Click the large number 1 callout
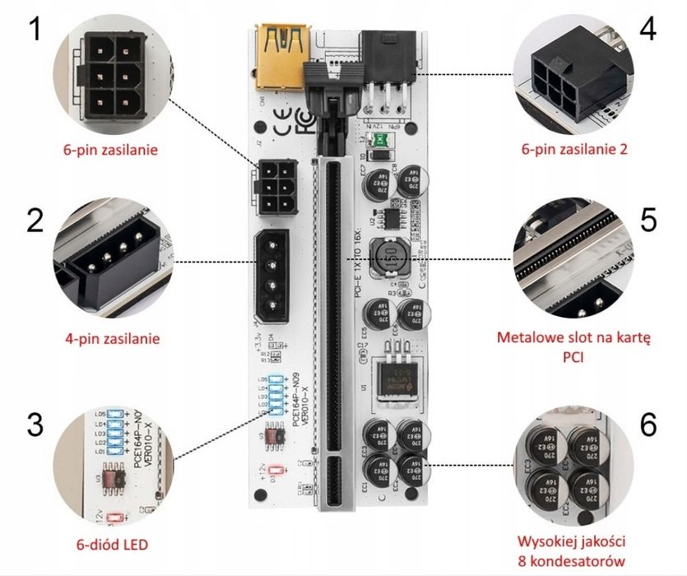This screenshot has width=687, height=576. tap(34, 32)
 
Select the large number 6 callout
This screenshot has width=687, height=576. tap(648, 424)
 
